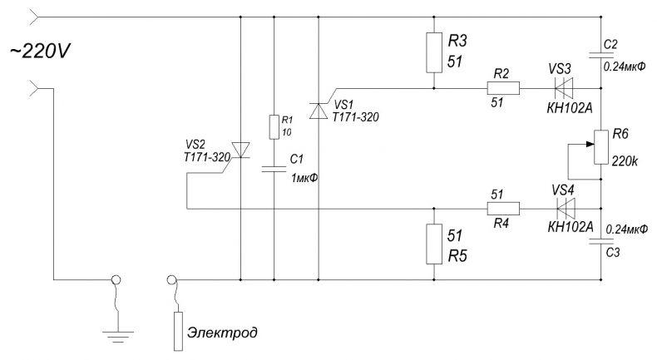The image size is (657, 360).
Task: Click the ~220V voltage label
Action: coord(40,52)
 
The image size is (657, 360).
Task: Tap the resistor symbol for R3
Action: coord(434,53)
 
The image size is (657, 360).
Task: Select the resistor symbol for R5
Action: coord(434,244)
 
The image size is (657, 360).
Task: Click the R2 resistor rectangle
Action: coord(503,88)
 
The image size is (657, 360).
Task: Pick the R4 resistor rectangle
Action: coord(503,209)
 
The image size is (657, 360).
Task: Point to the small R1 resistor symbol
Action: coord(274,126)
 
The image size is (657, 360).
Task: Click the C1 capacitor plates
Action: coord(274,169)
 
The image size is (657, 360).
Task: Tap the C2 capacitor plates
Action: coord(601,55)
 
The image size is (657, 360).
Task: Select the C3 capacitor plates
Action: coord(601,241)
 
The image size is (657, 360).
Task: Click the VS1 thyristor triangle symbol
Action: coord(319,111)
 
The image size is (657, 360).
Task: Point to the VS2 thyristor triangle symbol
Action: coord(240,150)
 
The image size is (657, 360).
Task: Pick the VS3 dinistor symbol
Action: coord(564,88)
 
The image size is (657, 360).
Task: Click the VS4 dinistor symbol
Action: coord(566,209)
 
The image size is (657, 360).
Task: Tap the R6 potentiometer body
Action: coord(601,147)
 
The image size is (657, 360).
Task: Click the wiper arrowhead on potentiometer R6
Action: coord(590,144)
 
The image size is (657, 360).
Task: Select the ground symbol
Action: coord(118,336)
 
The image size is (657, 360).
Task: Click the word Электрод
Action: coord(223,333)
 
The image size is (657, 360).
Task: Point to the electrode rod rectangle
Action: coord(179,331)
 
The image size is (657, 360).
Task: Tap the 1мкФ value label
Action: coord(304,178)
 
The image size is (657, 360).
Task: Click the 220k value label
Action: coord(625,161)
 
